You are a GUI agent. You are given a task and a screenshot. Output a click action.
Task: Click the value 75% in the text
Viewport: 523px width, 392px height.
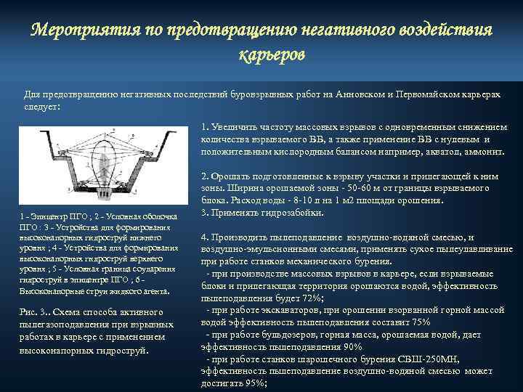(x=416, y=322)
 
